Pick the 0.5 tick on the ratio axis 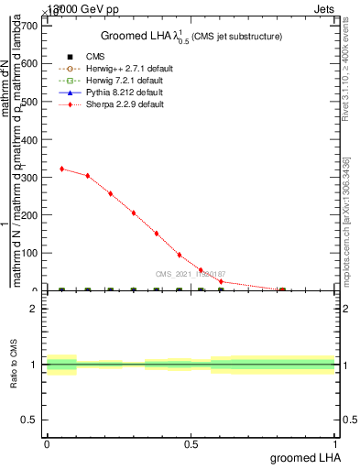click(29, 420)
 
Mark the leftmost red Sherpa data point click(61, 169)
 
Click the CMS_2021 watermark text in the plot click(191, 274)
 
